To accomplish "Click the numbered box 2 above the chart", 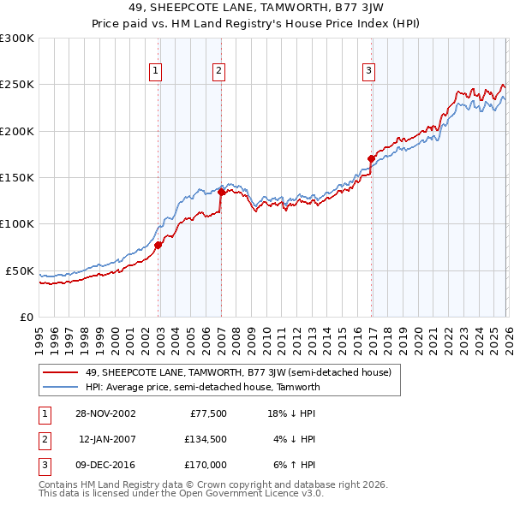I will (x=219, y=71).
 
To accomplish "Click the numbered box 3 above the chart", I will (x=368, y=71).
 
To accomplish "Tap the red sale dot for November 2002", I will (x=158, y=245).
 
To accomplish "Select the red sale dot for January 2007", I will (x=221, y=192).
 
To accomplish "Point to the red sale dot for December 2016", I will (x=371, y=158).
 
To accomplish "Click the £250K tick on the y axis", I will (x=17, y=85).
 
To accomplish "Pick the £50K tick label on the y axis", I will (x=21, y=270).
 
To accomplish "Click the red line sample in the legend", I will (x=62, y=372).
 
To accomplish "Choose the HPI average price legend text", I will (x=202, y=387).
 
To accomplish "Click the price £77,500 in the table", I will (x=207, y=413).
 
